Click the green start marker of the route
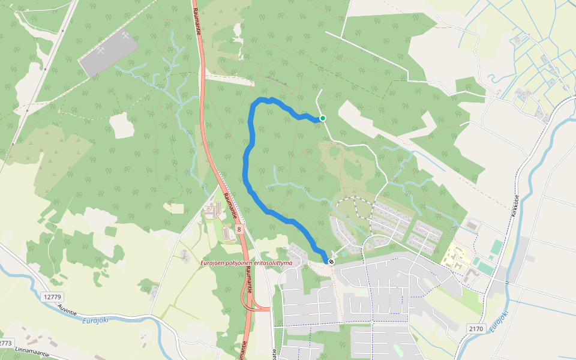(x=323, y=118)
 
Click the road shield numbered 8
(x=239, y=229)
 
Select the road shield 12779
(x=53, y=297)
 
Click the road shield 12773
(x=5, y=343)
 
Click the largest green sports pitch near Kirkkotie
(x=496, y=247)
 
